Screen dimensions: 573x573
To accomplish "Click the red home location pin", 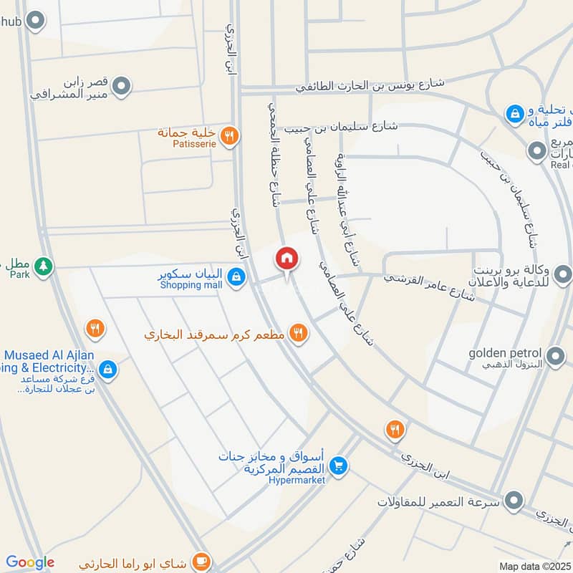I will [286, 259].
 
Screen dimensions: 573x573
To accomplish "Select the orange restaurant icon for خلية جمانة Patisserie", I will [228, 135].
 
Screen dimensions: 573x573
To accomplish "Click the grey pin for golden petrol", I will [555, 356].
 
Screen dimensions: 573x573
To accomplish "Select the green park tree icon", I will [44, 266].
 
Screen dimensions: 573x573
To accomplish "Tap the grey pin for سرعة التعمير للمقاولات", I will [514, 501].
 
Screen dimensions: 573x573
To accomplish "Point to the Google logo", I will [30, 563].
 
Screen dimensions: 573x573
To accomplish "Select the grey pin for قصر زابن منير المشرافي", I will [122, 87].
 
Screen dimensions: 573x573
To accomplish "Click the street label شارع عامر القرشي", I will [430, 284].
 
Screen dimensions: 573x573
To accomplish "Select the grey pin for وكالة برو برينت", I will [564, 274].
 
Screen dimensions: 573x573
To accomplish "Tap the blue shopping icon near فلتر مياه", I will [514, 112].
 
